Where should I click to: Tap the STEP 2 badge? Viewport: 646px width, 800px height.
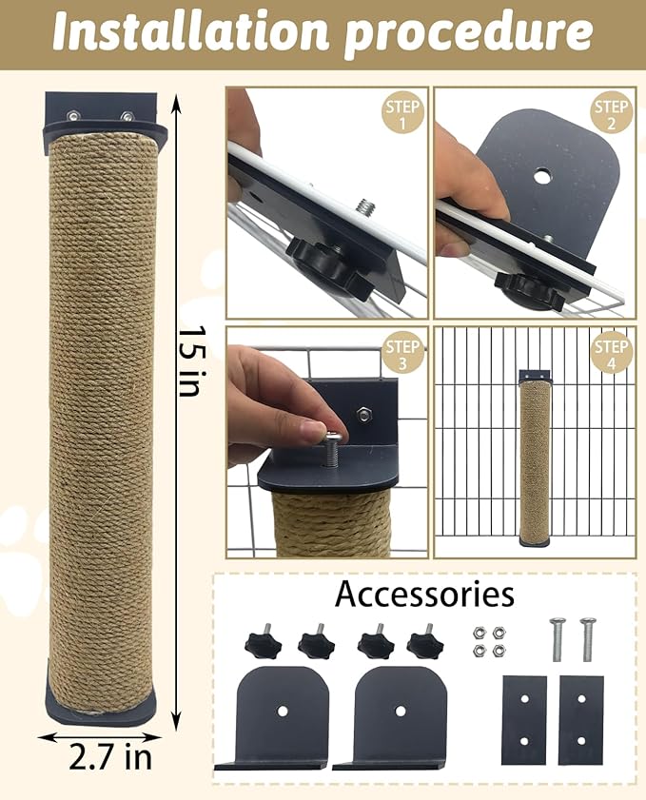611,113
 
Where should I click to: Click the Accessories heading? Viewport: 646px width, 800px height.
424,595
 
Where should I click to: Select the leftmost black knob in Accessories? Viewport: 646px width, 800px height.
263,642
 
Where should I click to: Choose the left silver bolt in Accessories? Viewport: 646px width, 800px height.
558,639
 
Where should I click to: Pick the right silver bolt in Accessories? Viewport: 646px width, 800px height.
587,639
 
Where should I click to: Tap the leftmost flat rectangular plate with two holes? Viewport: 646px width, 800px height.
523,720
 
